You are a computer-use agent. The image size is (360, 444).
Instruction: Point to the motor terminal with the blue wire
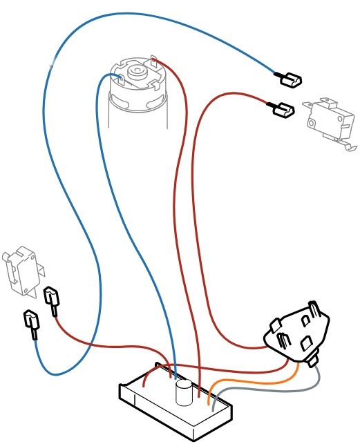(118, 76)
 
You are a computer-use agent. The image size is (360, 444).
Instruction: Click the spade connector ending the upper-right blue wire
(291, 80)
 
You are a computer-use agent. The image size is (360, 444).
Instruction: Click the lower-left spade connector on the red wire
(51, 300)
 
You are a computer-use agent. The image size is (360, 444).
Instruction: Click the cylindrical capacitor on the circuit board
(184, 394)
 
